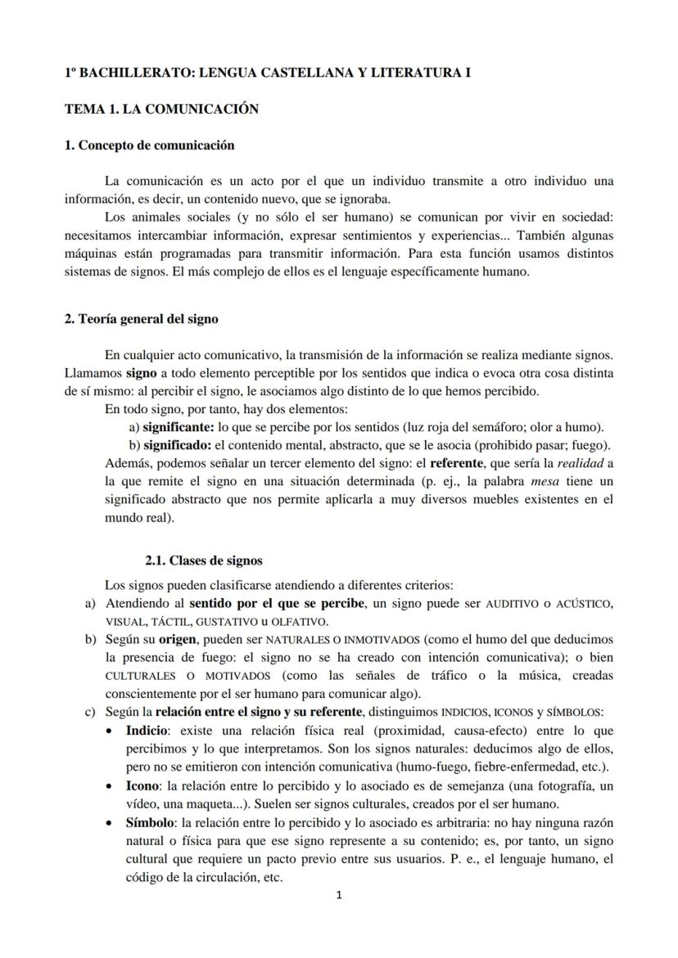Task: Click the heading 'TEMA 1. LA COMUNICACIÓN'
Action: pyautogui.click(x=161, y=109)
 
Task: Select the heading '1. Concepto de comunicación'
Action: pyautogui.click(x=149, y=146)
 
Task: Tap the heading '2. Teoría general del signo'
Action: pyautogui.click(x=141, y=319)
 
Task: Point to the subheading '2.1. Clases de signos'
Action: pyautogui.click(x=204, y=560)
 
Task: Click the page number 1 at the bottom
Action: pyautogui.click(x=340, y=895)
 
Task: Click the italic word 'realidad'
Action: pyautogui.click(x=581, y=463)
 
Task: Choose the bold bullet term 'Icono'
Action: pyautogui.click(x=142, y=785)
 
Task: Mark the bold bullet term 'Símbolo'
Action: pyautogui.click(x=149, y=822)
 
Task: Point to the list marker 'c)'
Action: pyautogui.click(x=90, y=712)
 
